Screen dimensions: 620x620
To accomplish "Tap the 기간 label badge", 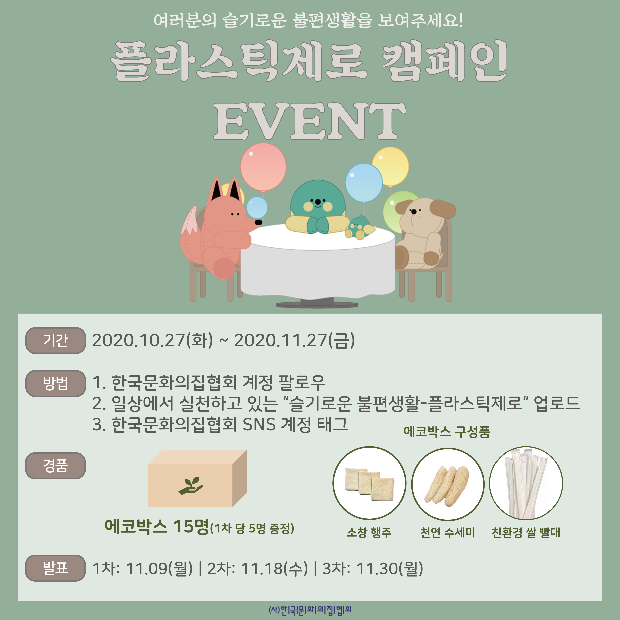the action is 55,340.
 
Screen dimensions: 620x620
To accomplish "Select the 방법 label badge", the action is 55,384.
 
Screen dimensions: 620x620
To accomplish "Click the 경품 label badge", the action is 55,466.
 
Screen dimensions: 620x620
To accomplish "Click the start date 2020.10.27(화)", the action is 152,340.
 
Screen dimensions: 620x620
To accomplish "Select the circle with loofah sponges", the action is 448,483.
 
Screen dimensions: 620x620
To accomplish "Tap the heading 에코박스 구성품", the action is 447,432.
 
